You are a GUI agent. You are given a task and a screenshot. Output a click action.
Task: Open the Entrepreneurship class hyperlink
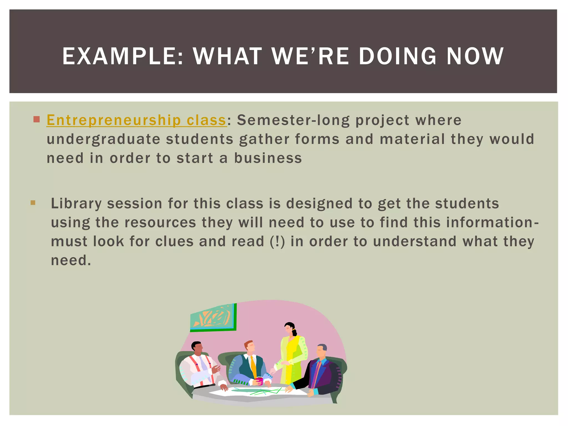tap(136, 120)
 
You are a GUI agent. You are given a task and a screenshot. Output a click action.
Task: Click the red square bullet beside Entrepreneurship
tap(37, 120)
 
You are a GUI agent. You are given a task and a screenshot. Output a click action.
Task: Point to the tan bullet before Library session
tap(33, 203)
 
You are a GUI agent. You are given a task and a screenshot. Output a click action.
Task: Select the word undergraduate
tap(103, 139)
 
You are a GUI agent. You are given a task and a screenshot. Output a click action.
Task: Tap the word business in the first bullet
tap(268, 158)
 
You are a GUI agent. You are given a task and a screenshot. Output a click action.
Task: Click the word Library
tap(76, 204)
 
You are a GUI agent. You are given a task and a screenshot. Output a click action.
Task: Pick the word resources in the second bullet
tap(160, 222)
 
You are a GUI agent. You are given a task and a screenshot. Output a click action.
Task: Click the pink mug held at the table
tap(259, 381)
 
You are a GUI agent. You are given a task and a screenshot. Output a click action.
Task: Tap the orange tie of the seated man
tap(253, 366)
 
